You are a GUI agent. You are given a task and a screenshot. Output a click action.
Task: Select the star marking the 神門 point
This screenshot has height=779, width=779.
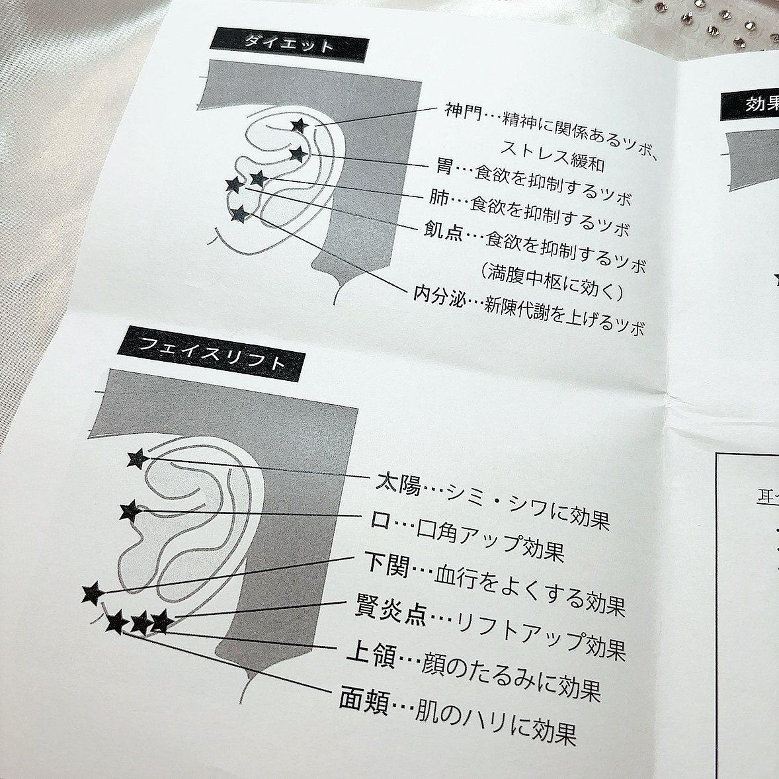[x=299, y=125]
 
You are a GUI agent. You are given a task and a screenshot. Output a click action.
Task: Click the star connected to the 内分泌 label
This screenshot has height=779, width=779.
[x=239, y=214]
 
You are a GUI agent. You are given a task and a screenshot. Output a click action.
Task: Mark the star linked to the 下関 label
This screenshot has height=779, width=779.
[x=93, y=593]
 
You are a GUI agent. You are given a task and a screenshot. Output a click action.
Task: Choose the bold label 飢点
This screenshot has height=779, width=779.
[x=443, y=232]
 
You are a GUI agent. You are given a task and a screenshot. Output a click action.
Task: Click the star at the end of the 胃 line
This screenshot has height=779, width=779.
[x=299, y=155]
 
